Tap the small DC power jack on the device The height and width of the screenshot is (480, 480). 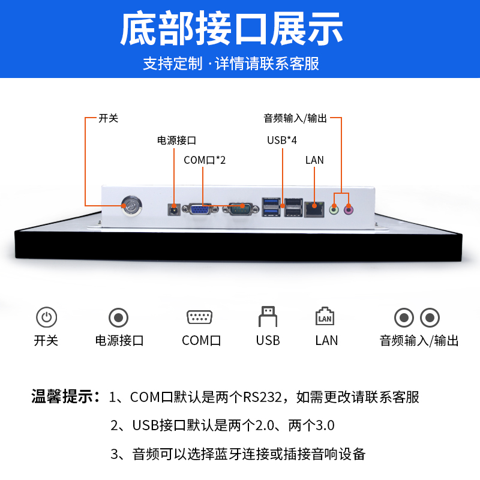173,209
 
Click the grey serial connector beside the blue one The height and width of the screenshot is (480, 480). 241,208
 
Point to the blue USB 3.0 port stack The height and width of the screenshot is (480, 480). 271,207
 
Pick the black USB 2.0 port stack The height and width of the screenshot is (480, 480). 293,207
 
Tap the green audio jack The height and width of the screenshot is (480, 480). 335,209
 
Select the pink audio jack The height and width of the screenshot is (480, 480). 349,209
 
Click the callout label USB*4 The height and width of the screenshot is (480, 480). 282,140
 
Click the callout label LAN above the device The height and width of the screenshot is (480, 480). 314,160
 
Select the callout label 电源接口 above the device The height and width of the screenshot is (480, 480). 176,140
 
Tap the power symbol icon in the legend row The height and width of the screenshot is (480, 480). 46,317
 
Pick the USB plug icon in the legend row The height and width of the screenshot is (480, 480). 268,316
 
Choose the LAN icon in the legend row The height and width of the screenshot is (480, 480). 325,317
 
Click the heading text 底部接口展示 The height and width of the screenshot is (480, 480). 232,29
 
